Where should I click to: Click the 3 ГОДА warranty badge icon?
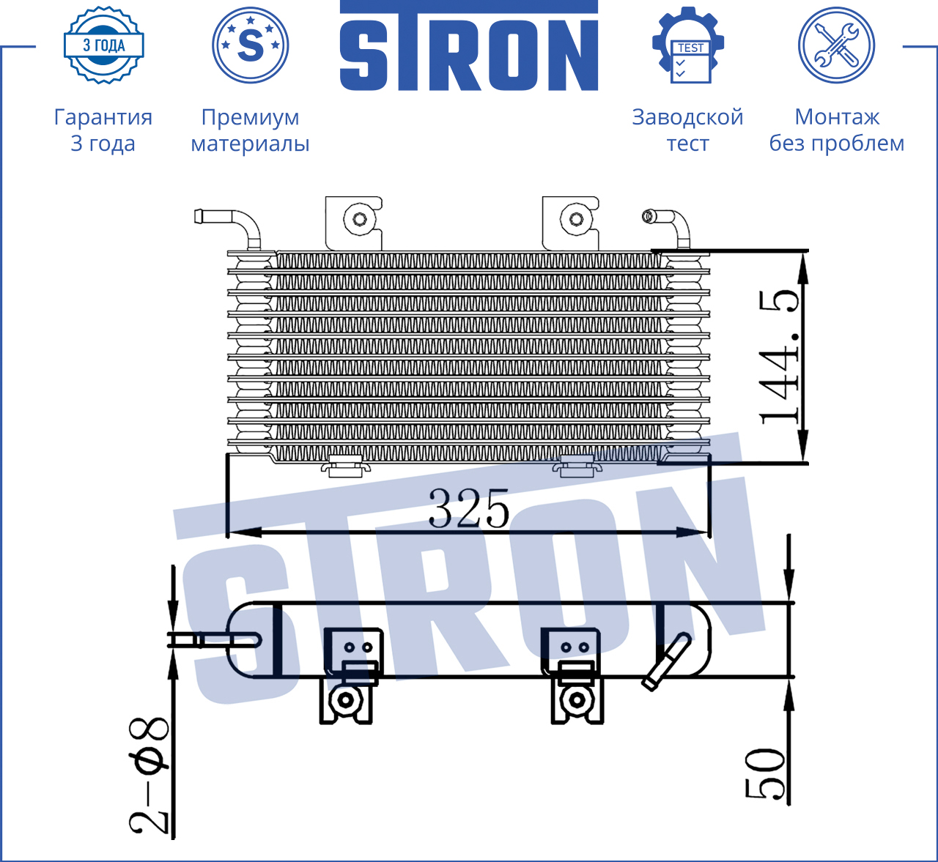(104, 45)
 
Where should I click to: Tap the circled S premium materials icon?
(250, 45)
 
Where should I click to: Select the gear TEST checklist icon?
(688, 45)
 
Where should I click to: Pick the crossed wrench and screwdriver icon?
(837, 45)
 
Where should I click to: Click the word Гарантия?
(103, 117)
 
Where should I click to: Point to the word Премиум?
(250, 118)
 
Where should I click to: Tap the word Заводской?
(687, 117)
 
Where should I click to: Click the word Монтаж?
(837, 117)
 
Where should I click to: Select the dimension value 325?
(468, 508)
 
